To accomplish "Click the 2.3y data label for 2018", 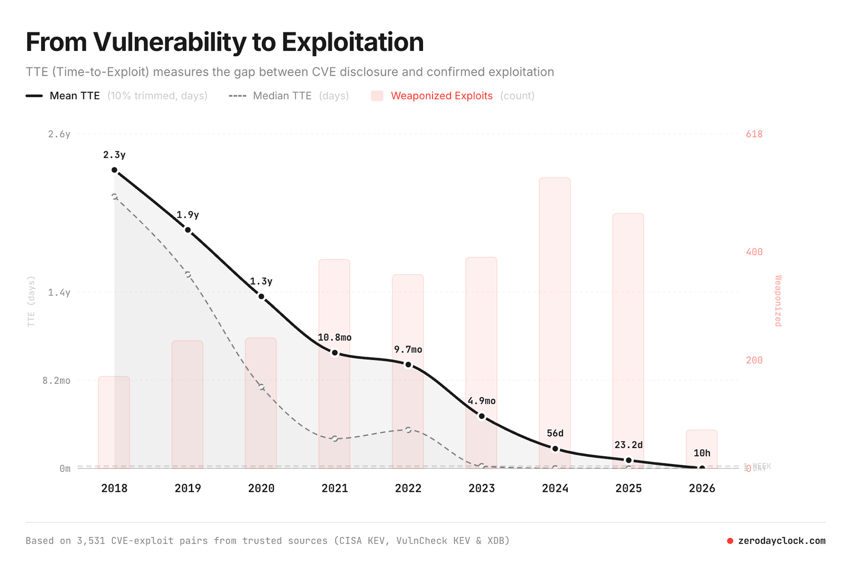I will pyautogui.click(x=114, y=155).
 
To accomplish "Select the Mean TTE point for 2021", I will pyautogui.click(x=335, y=353).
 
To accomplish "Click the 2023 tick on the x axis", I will pyautogui.click(x=481, y=488).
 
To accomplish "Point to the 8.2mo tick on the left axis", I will pyautogui.click(x=56, y=380).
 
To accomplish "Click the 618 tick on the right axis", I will pyautogui.click(x=754, y=134).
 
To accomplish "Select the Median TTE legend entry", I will pyautogui.click(x=282, y=96).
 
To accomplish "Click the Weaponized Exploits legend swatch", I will pyautogui.click(x=377, y=96).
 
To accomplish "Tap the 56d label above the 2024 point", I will pyautogui.click(x=555, y=433).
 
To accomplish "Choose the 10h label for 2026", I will pyautogui.click(x=702, y=453).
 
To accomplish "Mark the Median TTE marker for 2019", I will pyautogui.click(x=188, y=275).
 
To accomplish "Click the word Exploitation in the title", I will pyautogui.click(x=352, y=42).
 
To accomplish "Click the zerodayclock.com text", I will pyautogui.click(x=781, y=541).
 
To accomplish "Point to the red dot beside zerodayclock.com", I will pyautogui.click(x=730, y=541).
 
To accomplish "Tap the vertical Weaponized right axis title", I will pyautogui.click(x=778, y=301).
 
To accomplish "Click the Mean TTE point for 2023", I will pyautogui.click(x=482, y=416).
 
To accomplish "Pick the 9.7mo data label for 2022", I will pyautogui.click(x=408, y=349).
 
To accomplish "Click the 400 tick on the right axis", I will pyautogui.click(x=754, y=252).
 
